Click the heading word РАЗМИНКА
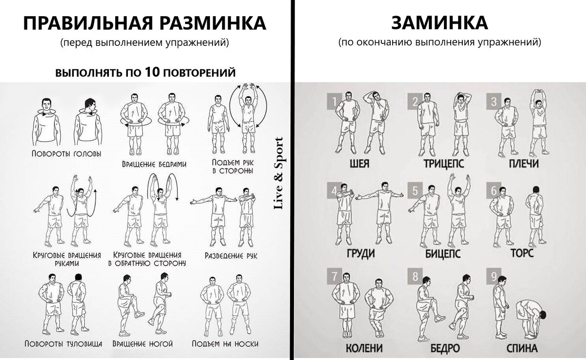(x=213, y=23)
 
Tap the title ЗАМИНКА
(x=439, y=23)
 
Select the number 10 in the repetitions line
(x=152, y=72)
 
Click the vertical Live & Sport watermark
(x=278, y=173)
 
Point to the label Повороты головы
(x=66, y=153)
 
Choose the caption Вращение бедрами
(x=154, y=164)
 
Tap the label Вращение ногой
(x=143, y=343)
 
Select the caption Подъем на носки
(x=225, y=343)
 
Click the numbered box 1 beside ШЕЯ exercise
(x=335, y=102)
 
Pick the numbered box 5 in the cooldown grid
(x=415, y=190)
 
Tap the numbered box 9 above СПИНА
(x=494, y=276)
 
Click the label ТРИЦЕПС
(x=444, y=164)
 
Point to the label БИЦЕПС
(x=442, y=254)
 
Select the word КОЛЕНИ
(x=364, y=348)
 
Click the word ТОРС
(x=522, y=253)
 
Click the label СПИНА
(x=522, y=348)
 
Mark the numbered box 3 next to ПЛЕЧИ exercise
(x=494, y=102)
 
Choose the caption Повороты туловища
(x=63, y=343)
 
